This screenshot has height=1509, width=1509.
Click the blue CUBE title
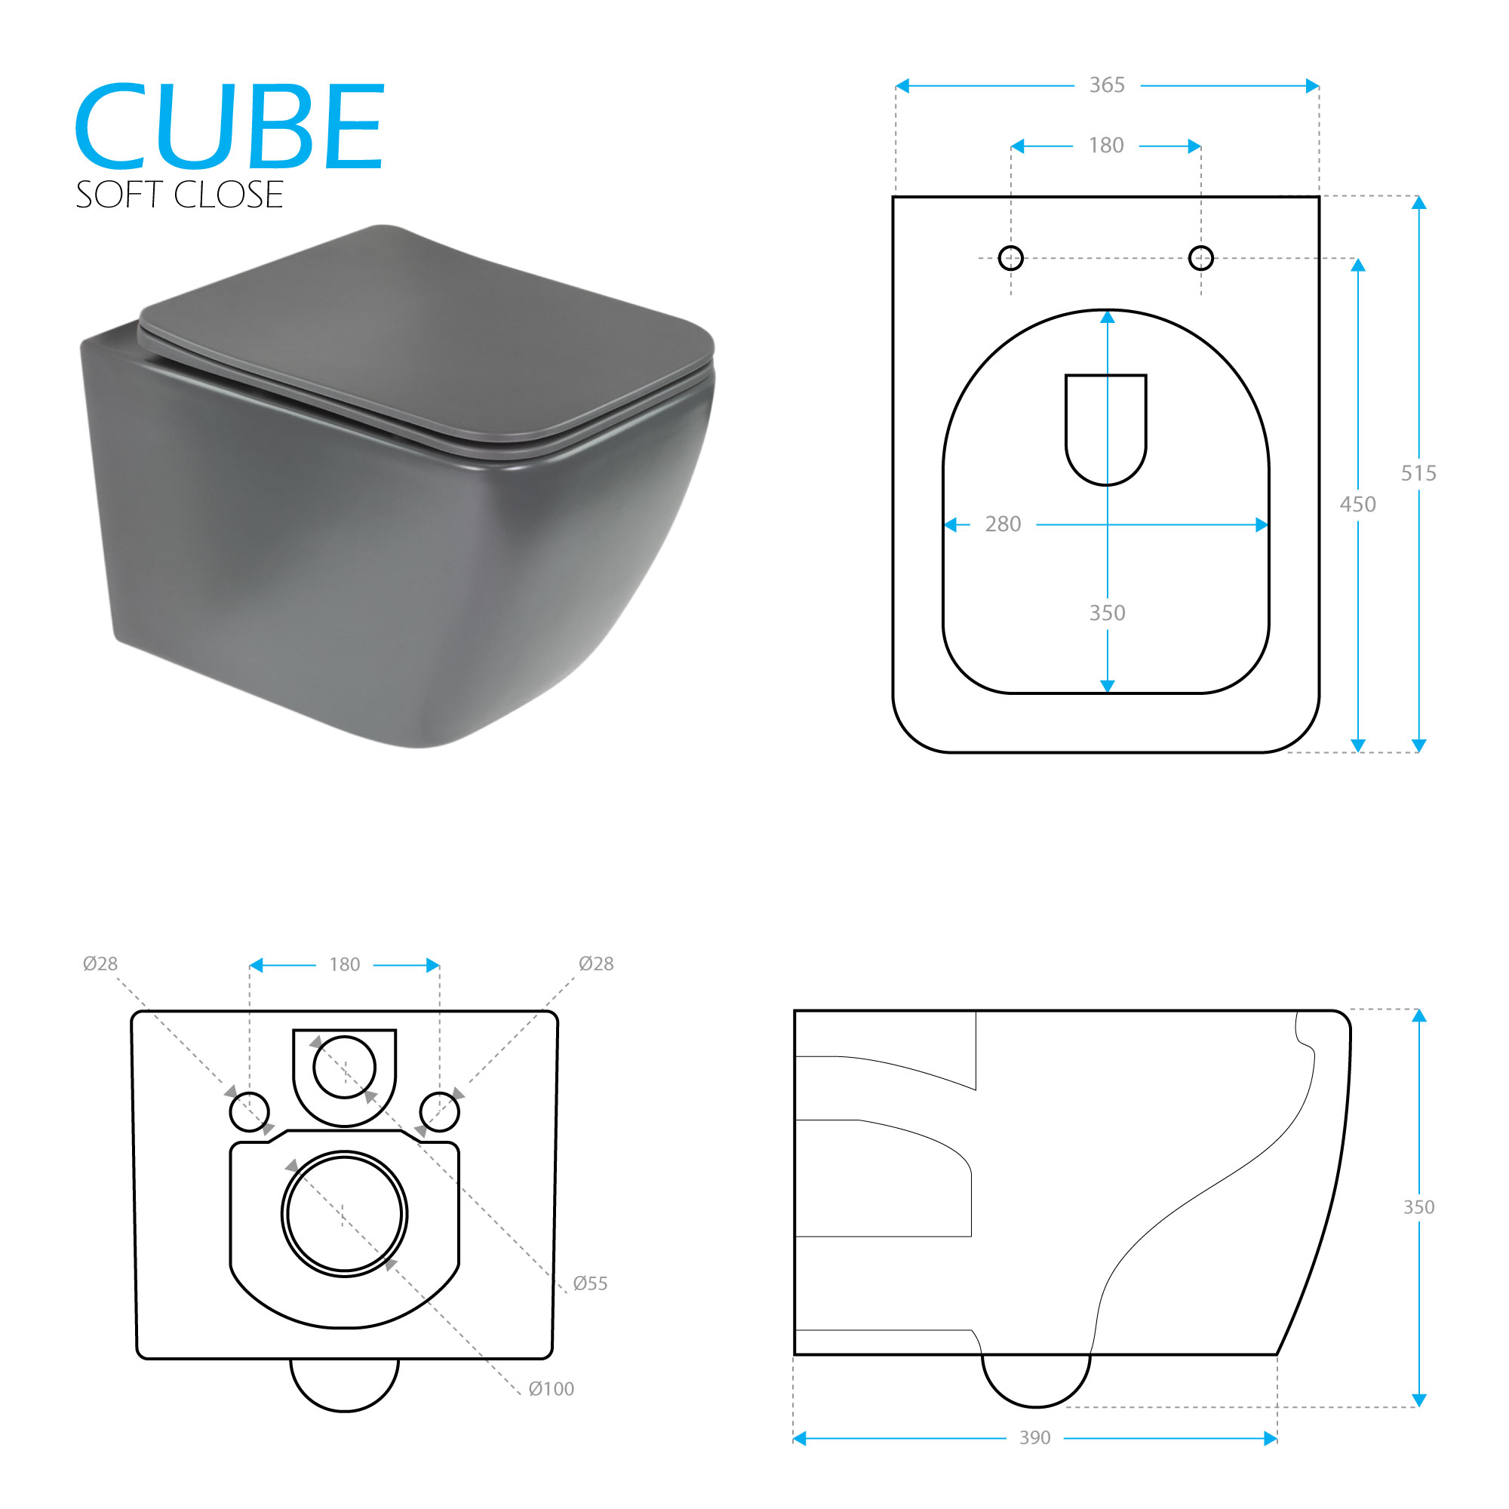[229, 127]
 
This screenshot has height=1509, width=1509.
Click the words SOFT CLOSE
[179, 195]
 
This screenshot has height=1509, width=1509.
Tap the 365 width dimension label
[1107, 85]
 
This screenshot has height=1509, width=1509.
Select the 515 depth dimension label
[1418, 472]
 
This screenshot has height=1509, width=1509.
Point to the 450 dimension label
[1357, 504]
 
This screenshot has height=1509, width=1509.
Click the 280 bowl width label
[1003, 524]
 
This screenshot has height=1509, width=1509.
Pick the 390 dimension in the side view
[1035, 1437]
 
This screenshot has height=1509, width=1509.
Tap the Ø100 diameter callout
[551, 1389]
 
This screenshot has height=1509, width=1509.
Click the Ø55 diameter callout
[590, 1283]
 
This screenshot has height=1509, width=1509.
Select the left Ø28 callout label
[100, 963]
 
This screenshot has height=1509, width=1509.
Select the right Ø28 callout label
[596, 963]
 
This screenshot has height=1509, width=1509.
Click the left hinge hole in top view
[1011, 257]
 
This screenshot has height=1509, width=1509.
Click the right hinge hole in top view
[1200, 257]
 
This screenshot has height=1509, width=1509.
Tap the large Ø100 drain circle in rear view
[343, 1214]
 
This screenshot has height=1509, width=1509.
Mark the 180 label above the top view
[1106, 146]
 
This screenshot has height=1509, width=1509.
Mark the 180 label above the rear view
[345, 964]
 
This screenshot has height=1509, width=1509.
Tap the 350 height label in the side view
[1418, 1206]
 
